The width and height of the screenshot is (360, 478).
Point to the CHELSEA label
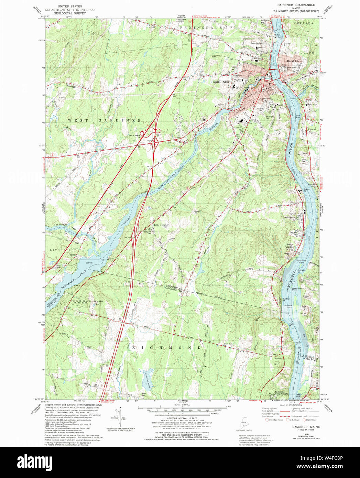pyautogui.click(x=304, y=23)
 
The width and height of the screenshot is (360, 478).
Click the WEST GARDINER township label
pyautogui.click(x=104, y=120)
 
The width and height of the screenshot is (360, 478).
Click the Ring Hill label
pyautogui.click(x=98, y=301)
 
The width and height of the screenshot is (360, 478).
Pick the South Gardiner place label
pyautogui.click(x=291, y=246)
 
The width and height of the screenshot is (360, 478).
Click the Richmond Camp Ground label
pyautogui.click(x=280, y=393)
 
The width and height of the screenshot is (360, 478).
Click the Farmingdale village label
pyautogui.click(x=256, y=43)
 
